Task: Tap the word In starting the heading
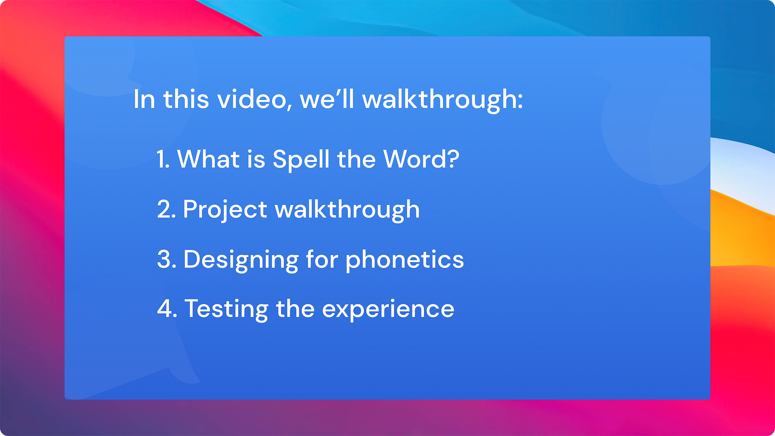click(x=144, y=99)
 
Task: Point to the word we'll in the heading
click(x=327, y=99)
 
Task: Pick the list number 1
click(x=163, y=159)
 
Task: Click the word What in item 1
click(x=209, y=159)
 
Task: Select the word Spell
click(x=301, y=160)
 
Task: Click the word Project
click(x=225, y=210)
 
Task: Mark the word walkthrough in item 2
click(x=347, y=210)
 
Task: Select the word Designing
click(x=241, y=260)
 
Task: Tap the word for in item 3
click(x=322, y=259)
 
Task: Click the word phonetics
click(x=405, y=260)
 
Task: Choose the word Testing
click(x=226, y=310)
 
